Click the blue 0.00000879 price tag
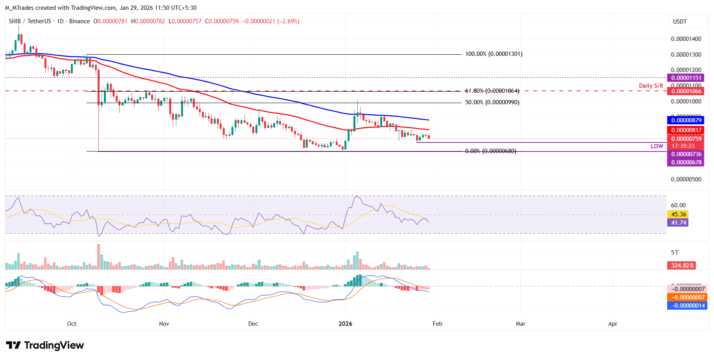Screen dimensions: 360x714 click(x=686, y=120)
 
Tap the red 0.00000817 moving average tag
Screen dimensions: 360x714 click(x=686, y=130)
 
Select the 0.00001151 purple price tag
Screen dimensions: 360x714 click(x=686, y=78)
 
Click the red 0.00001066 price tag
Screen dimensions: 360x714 click(x=686, y=91)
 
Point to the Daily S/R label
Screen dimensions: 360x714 click(x=651, y=86)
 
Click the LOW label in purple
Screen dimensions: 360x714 click(x=657, y=146)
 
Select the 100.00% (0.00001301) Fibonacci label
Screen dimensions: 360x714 click(x=494, y=54)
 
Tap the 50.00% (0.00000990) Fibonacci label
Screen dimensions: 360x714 click(x=492, y=102)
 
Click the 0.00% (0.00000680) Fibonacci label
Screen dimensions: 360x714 click(x=490, y=151)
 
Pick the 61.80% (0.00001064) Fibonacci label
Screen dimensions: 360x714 click(x=492, y=91)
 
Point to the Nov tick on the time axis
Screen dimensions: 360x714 click(x=164, y=324)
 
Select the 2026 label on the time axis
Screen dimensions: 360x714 click(x=345, y=324)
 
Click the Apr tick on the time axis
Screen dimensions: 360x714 click(x=612, y=324)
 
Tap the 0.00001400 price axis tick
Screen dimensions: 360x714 click(x=686, y=39)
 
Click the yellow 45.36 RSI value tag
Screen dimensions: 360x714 click(x=678, y=214)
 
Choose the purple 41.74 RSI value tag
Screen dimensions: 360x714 click(x=678, y=223)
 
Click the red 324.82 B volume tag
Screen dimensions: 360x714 click(x=682, y=266)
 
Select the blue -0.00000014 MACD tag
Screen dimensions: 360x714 click(x=687, y=306)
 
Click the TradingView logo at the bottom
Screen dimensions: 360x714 click(x=45, y=345)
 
